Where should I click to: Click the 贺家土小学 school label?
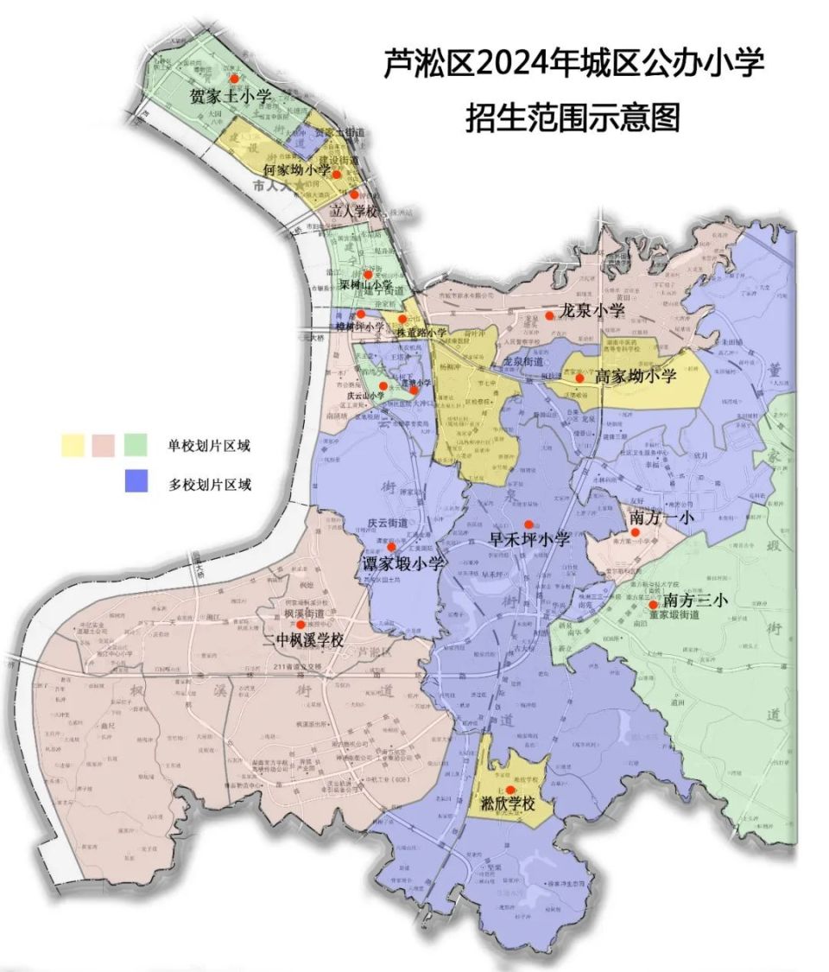click(x=230, y=96)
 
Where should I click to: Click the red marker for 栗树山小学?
click(x=367, y=275)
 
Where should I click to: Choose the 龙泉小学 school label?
click(x=592, y=310)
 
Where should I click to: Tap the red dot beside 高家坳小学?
click(x=579, y=378)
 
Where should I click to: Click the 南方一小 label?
click(x=663, y=517)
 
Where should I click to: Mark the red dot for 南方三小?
click(x=652, y=604)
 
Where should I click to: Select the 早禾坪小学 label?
click(x=529, y=539)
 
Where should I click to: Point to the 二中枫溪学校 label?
click(x=302, y=641)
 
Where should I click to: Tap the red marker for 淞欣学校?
click(x=510, y=790)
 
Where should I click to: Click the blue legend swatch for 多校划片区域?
click(x=139, y=480)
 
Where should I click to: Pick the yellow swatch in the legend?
click(x=73, y=445)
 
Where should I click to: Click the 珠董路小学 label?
click(x=421, y=333)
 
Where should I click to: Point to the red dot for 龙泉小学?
click(x=549, y=316)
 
